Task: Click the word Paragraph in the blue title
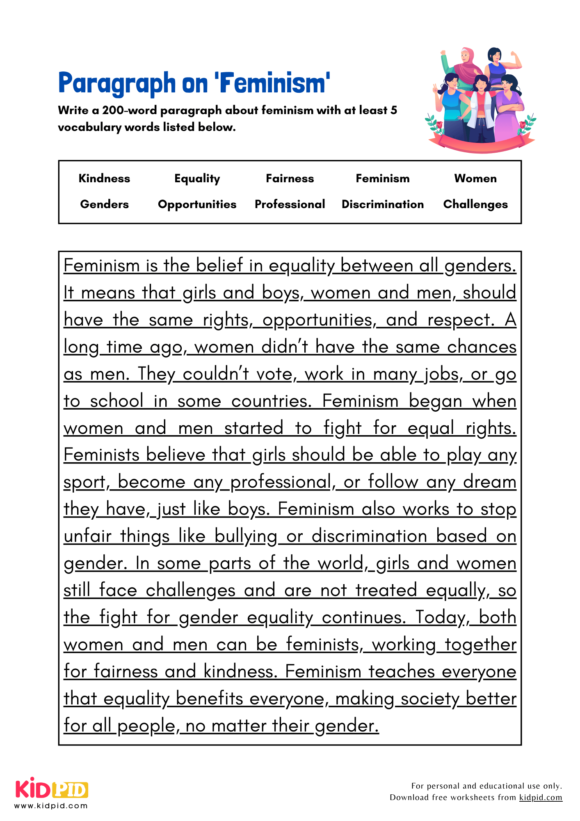[x=117, y=83]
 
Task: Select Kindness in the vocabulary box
[x=104, y=179]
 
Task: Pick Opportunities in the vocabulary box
[x=197, y=204]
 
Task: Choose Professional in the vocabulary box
[x=290, y=204]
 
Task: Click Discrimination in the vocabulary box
[x=382, y=204]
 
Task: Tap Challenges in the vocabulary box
[x=475, y=204]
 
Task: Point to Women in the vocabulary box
[x=475, y=179]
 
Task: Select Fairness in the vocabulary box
[x=290, y=179]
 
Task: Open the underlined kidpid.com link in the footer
[x=541, y=798]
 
